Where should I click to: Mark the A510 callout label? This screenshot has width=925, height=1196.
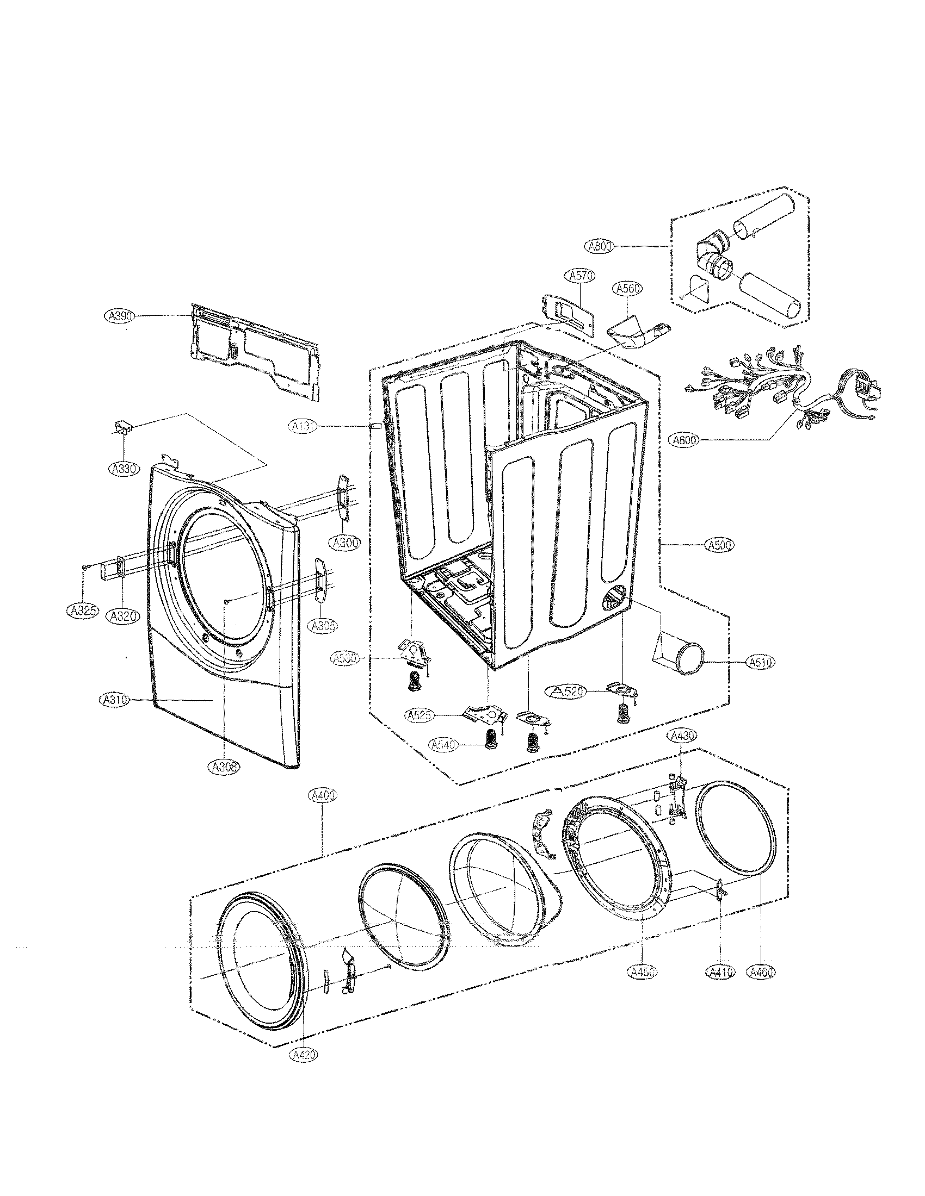760,663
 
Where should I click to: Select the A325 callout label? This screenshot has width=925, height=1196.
81,611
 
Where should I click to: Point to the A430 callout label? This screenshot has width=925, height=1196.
682,737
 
